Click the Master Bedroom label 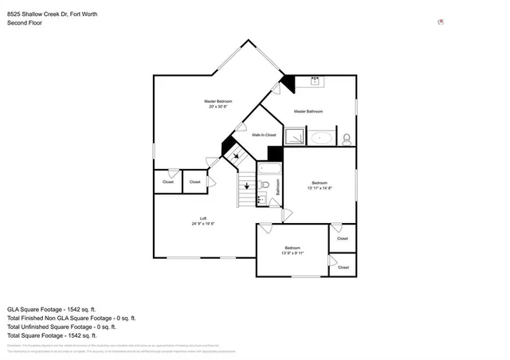218,102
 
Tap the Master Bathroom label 310,111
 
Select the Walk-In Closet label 264,135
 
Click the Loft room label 203,218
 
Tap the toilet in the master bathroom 347,138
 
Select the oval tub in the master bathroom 321,138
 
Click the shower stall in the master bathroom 295,137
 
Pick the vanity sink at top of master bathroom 315,80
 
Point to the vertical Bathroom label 278,188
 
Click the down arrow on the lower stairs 247,186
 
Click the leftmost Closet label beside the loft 168,182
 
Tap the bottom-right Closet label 343,268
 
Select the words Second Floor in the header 25,23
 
